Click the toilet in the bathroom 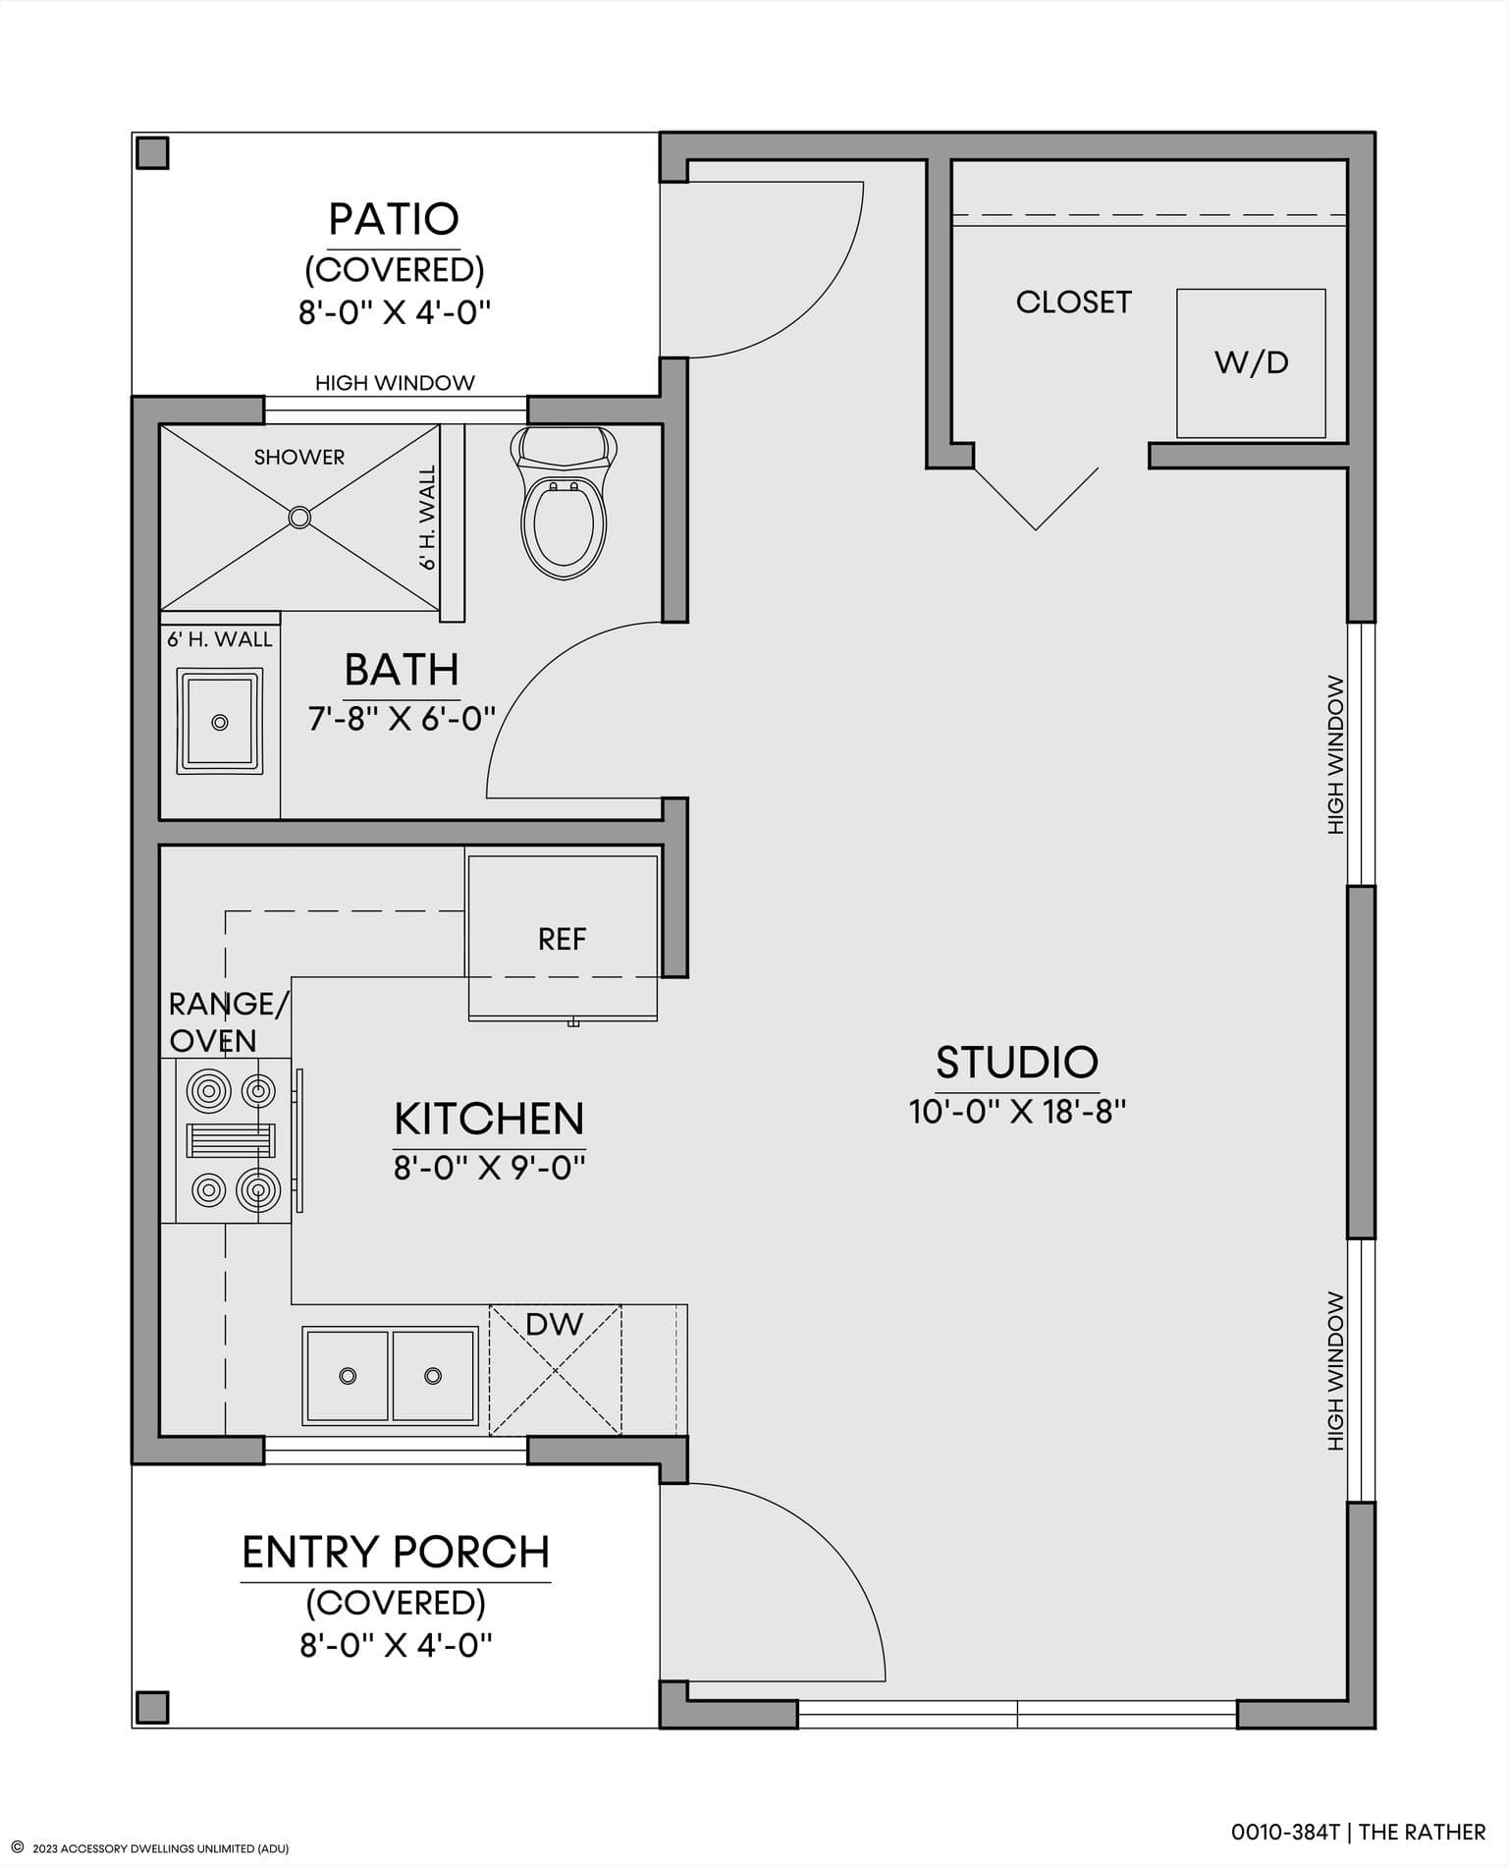tap(564, 503)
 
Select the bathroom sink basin tap(220, 722)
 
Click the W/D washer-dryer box tap(1251, 363)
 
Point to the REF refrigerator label tap(562, 940)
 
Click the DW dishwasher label tap(555, 1325)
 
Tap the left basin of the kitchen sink tap(348, 1375)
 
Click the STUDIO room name tap(1016, 1062)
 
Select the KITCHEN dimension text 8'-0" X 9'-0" tap(490, 1168)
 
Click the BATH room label tap(402, 670)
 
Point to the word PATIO tap(394, 219)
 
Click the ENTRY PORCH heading tap(396, 1552)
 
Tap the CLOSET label tap(1074, 302)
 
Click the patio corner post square tap(152, 153)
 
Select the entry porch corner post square tap(152, 1707)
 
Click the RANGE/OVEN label tap(229, 1022)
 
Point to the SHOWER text tap(299, 457)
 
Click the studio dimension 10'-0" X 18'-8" tap(1017, 1112)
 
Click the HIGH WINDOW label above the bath tap(395, 383)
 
